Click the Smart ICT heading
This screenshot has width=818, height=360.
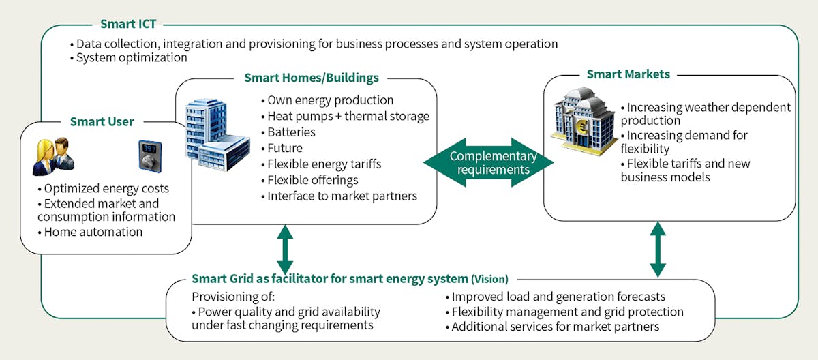pos(128,25)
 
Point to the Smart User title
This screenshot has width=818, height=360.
pos(102,122)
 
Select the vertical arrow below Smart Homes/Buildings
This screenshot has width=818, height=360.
pos(285,249)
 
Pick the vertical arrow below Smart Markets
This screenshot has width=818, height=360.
pos(658,249)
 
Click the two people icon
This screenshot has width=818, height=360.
pos(53,155)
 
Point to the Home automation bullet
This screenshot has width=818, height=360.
pos(91,232)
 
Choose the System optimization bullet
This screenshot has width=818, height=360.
pos(128,58)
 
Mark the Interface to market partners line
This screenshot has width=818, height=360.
pos(339,196)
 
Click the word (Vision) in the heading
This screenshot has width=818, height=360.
pos(489,279)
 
